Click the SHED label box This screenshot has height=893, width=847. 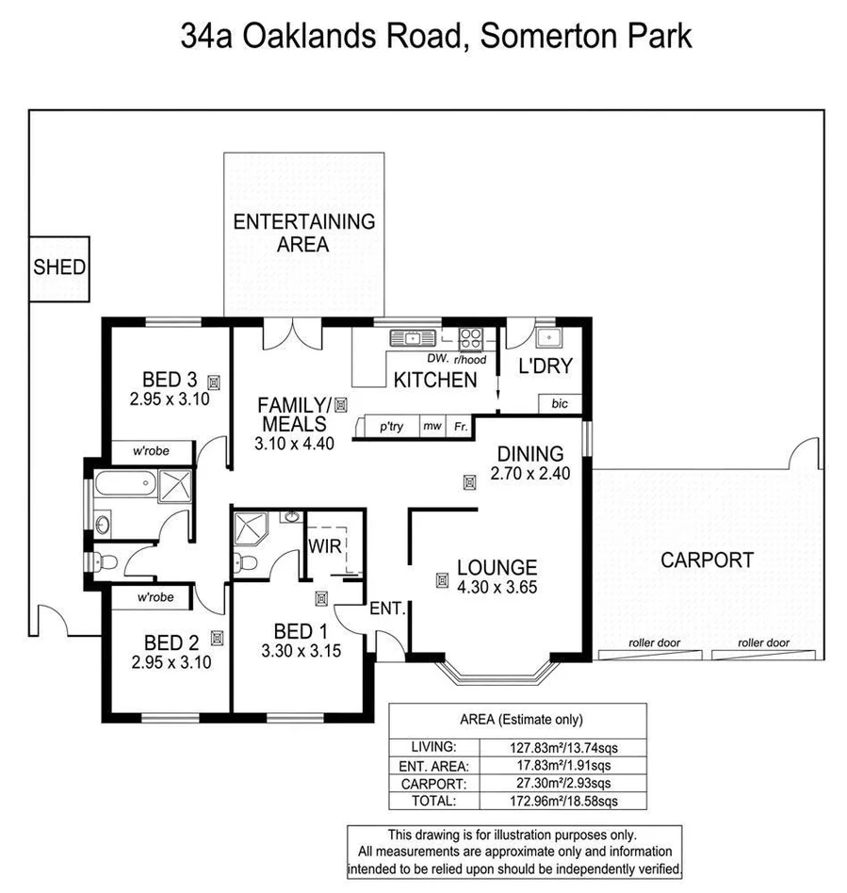click(x=59, y=268)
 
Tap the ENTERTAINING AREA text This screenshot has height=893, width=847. click(x=303, y=233)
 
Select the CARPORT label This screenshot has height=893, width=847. click(x=707, y=560)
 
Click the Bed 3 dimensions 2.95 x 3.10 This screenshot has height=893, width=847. click(x=169, y=398)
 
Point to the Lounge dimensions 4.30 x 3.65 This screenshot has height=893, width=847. click(x=497, y=586)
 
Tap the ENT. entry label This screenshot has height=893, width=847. click(x=386, y=609)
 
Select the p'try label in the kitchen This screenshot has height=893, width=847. click(x=391, y=427)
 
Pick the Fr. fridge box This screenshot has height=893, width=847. click(x=459, y=427)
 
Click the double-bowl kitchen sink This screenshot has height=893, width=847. click(x=412, y=337)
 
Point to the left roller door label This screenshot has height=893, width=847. click(x=654, y=643)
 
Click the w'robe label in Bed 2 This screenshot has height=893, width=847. click(x=155, y=597)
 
